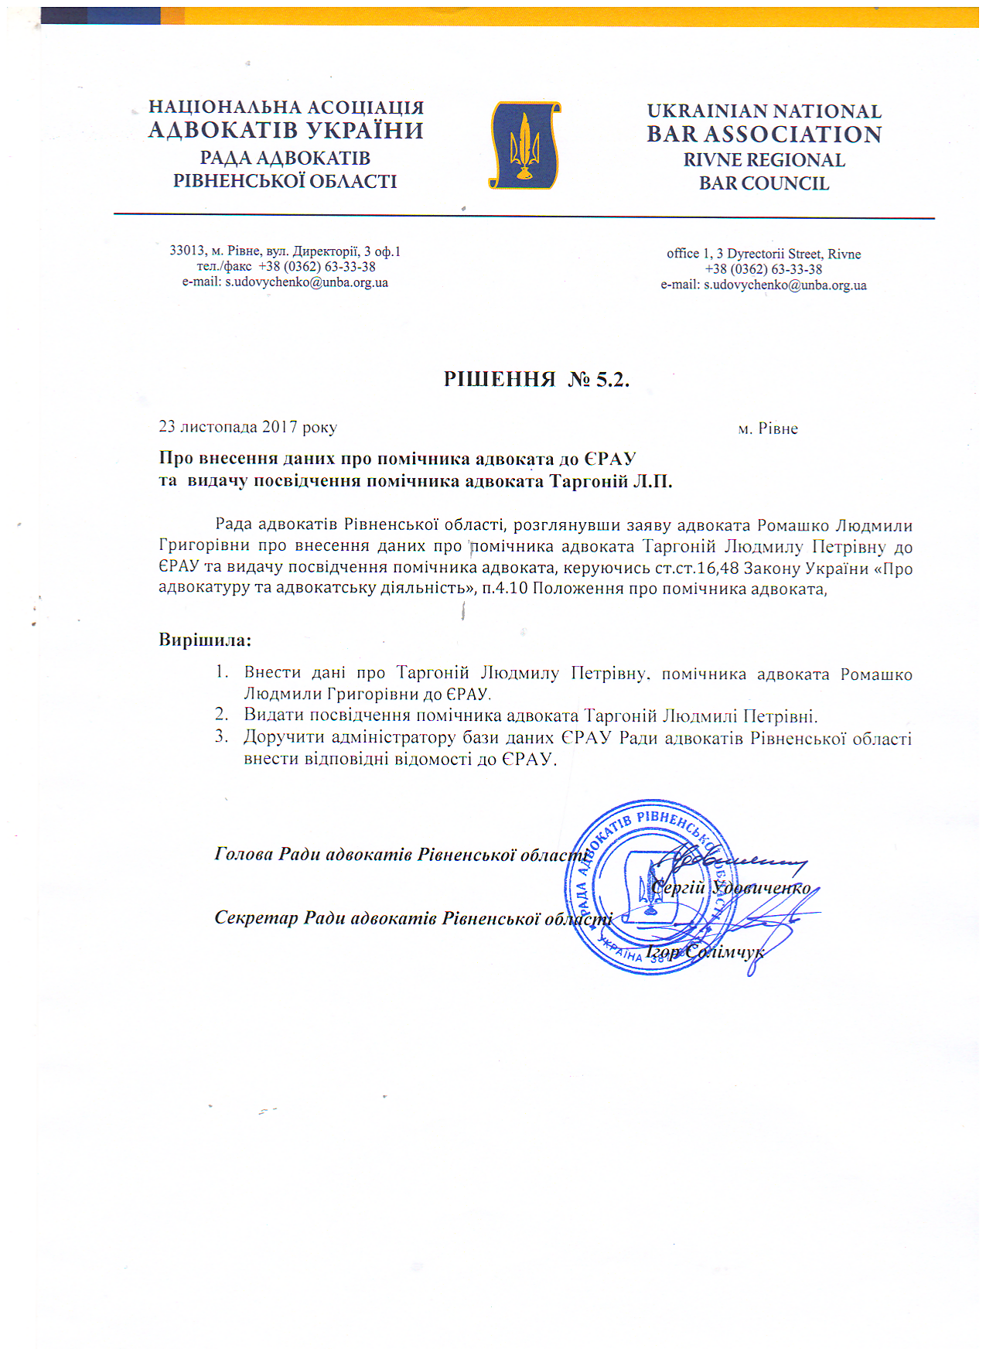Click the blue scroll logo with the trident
click(525, 145)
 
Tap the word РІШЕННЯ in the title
click(500, 379)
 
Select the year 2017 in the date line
click(279, 427)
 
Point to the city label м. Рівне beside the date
click(767, 429)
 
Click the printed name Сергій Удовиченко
click(730, 887)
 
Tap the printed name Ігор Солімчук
click(705, 951)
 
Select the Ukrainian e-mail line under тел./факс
click(285, 282)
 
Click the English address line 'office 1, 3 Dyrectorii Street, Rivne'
click(763, 254)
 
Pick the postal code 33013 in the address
click(187, 251)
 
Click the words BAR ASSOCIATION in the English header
click(764, 135)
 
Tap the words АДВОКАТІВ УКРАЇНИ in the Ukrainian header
click(285, 130)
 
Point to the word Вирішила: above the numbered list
click(205, 640)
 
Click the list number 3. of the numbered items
click(221, 736)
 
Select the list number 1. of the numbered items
click(221, 671)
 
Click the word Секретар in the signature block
click(255, 918)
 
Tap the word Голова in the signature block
click(244, 854)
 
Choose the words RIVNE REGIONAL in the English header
click(764, 160)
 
